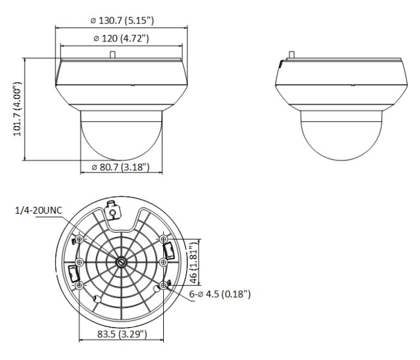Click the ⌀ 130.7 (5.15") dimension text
click(x=122, y=20)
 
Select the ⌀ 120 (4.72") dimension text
click(x=121, y=39)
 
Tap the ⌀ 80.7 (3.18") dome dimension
click(x=121, y=167)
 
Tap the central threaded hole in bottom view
click(x=121, y=262)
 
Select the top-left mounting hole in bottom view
click(x=79, y=239)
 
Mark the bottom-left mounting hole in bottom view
click(x=79, y=286)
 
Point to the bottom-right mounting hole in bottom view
click(x=163, y=286)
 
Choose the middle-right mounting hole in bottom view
click(x=163, y=262)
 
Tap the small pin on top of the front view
click(x=112, y=55)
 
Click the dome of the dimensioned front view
click(x=121, y=135)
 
